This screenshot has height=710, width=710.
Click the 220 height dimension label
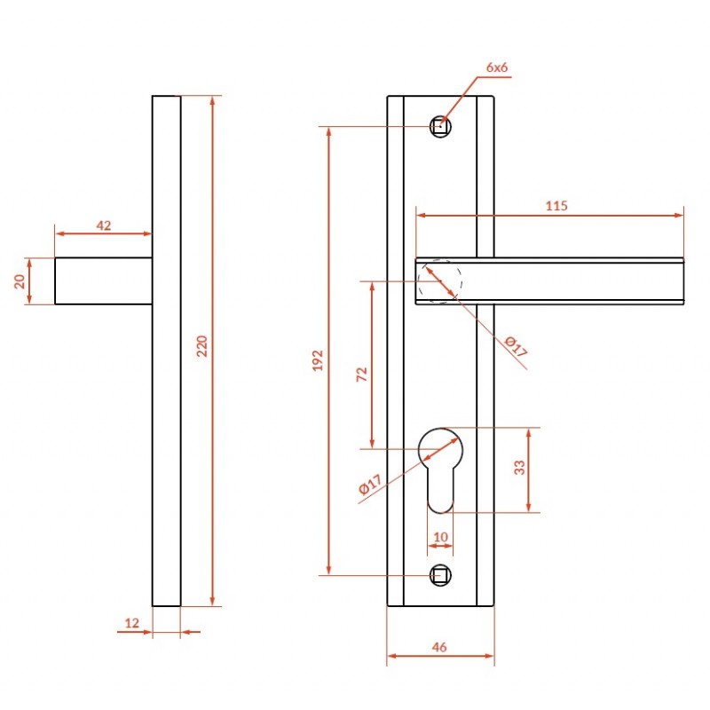pos(202,346)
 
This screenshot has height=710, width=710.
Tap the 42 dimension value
pos(104,225)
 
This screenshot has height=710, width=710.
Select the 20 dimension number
pos(20,281)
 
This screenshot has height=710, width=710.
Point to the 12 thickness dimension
pos(131,623)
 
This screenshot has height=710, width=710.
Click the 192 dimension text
pos(318,360)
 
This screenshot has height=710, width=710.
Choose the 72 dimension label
pos(362,374)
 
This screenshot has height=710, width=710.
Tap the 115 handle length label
pos(556,206)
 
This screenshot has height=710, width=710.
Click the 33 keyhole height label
pos(519,468)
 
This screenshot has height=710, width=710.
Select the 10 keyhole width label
pos(440,537)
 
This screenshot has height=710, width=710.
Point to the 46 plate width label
pos(439,647)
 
